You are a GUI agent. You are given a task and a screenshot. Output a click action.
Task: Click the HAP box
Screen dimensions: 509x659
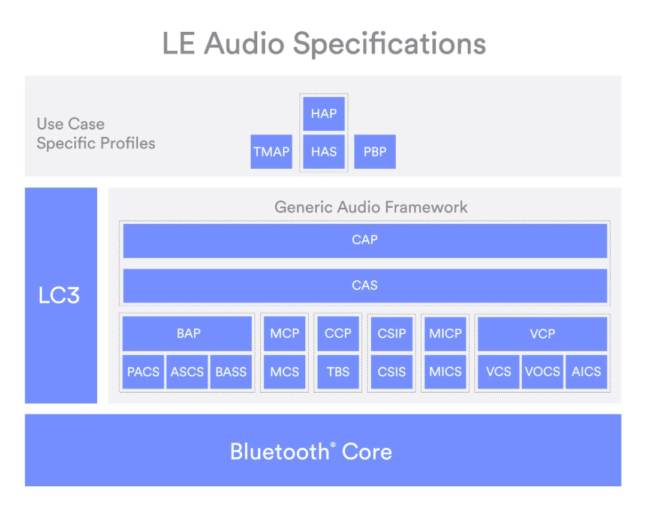(324, 113)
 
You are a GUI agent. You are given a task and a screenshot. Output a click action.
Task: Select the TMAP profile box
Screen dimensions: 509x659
(271, 151)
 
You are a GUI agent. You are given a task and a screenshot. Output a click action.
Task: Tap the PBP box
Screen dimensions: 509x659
(375, 151)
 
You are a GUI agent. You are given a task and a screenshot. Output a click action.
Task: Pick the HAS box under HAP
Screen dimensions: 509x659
(324, 151)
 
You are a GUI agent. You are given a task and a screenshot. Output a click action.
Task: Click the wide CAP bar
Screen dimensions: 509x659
(365, 240)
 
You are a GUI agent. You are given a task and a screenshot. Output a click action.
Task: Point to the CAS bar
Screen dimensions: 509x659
(365, 285)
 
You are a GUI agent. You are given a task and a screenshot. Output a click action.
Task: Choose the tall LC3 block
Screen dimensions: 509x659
(61, 295)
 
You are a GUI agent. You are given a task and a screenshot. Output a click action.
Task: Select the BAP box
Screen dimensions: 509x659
(188, 334)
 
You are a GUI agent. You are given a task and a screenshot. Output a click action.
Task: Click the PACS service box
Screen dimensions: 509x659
(143, 372)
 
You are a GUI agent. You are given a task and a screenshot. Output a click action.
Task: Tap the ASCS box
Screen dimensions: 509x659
(187, 372)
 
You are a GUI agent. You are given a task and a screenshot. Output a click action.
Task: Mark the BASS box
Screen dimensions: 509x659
(231, 372)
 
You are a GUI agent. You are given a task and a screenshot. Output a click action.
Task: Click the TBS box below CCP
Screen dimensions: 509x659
(338, 372)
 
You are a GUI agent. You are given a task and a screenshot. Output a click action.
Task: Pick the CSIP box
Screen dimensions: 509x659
(392, 334)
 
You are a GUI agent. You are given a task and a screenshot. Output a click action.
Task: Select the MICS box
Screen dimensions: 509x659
(446, 372)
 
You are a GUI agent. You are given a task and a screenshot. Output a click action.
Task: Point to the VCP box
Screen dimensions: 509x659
(542, 334)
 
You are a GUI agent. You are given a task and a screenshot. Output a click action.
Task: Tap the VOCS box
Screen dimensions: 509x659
(542, 372)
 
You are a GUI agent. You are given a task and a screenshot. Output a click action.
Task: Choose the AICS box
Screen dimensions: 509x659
(586, 372)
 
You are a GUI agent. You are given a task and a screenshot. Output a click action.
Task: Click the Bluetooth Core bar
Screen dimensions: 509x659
(323, 450)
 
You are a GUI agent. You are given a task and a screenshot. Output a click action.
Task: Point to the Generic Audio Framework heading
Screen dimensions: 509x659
(371, 207)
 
